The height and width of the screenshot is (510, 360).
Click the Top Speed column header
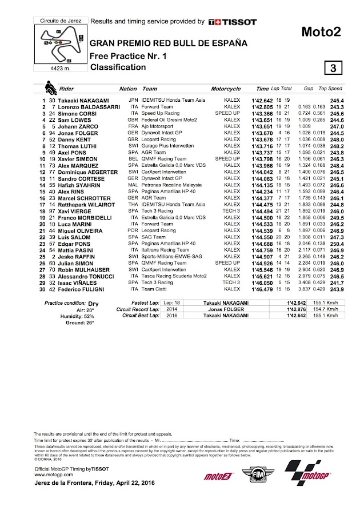pos(330,89)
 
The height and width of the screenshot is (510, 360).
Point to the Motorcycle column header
pos(226,89)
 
